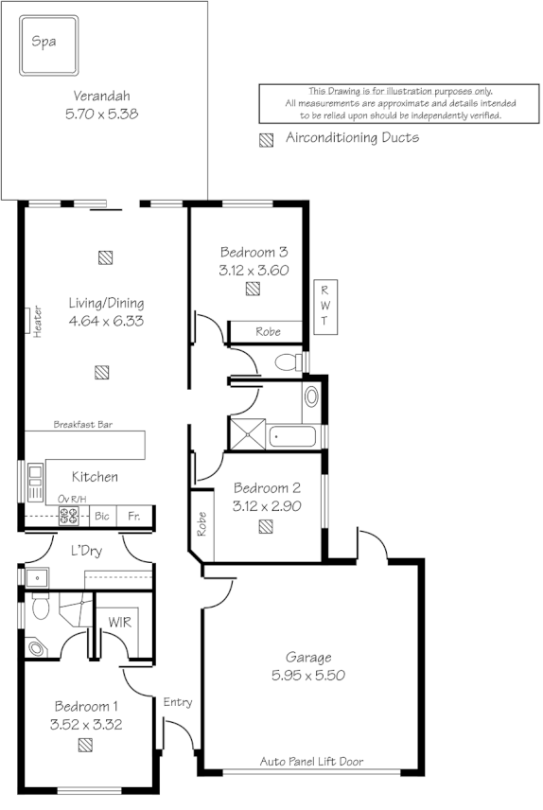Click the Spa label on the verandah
click(42, 42)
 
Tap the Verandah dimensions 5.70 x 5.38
click(102, 114)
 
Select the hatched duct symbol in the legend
click(267, 139)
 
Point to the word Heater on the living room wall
click(39, 321)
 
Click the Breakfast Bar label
click(83, 425)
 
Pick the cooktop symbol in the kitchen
click(69, 516)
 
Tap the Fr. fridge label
click(134, 517)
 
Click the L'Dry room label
click(87, 550)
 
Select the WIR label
click(120, 623)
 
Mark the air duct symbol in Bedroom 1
click(86, 745)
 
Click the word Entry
click(177, 702)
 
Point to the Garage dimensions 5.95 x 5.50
click(309, 677)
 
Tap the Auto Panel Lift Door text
click(311, 761)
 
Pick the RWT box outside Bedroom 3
click(324, 306)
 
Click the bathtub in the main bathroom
click(293, 436)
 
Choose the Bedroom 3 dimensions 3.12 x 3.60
click(253, 270)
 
